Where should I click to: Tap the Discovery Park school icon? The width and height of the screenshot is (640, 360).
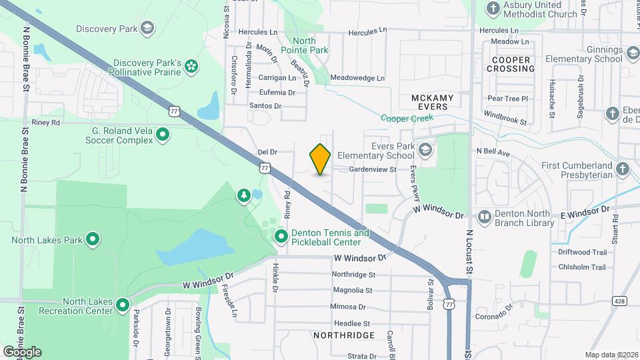pos(147,29)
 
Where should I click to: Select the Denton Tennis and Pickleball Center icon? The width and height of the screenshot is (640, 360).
pos(281,237)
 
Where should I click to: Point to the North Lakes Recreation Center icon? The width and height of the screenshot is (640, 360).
pos(122,305)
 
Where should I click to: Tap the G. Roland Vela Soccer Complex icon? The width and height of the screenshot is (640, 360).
pos(162,135)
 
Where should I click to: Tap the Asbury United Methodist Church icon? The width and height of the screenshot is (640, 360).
pos(493,9)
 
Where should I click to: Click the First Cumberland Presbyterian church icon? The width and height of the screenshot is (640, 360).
pos(623,169)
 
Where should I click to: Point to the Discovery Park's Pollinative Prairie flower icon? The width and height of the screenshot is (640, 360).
pos(191,65)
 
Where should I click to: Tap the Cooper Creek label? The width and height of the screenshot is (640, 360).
pos(407,118)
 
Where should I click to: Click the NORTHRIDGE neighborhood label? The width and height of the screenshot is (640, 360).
pos(344,335)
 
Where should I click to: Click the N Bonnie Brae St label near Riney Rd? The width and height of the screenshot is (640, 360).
pos(25,60)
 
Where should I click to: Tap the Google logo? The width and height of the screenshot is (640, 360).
pos(22,351)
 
